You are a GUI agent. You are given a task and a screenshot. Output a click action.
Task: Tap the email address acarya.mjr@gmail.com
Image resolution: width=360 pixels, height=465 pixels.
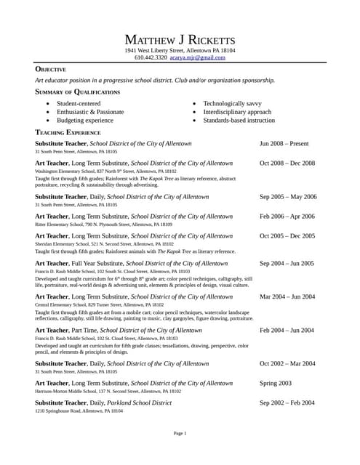pos(198,57)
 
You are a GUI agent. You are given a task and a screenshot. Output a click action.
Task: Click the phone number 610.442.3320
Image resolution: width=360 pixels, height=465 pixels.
pos(151,57)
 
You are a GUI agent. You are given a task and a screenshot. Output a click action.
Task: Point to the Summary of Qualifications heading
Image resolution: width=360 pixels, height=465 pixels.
pos(78,92)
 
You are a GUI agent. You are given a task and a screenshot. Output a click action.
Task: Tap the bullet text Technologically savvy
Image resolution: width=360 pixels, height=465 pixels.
pos(233,104)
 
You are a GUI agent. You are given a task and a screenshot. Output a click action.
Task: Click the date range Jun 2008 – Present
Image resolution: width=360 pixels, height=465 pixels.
pos(284,145)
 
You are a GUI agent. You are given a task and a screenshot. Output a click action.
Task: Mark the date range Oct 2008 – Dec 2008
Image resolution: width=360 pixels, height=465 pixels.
pos(287,163)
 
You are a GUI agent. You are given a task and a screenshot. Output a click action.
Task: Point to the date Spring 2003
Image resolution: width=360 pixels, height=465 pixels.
pos(276,383)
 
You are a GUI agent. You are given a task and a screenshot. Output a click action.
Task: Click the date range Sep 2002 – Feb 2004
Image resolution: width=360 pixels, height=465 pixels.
pos(287,403)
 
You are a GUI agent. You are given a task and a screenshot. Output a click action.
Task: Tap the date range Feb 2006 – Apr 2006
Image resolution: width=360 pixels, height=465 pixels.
pos(287,217)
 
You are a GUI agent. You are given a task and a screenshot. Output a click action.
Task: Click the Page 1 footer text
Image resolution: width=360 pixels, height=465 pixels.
pos(180,433)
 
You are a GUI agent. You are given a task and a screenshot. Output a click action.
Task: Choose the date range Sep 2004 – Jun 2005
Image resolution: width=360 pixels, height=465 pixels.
pos(287,263)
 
